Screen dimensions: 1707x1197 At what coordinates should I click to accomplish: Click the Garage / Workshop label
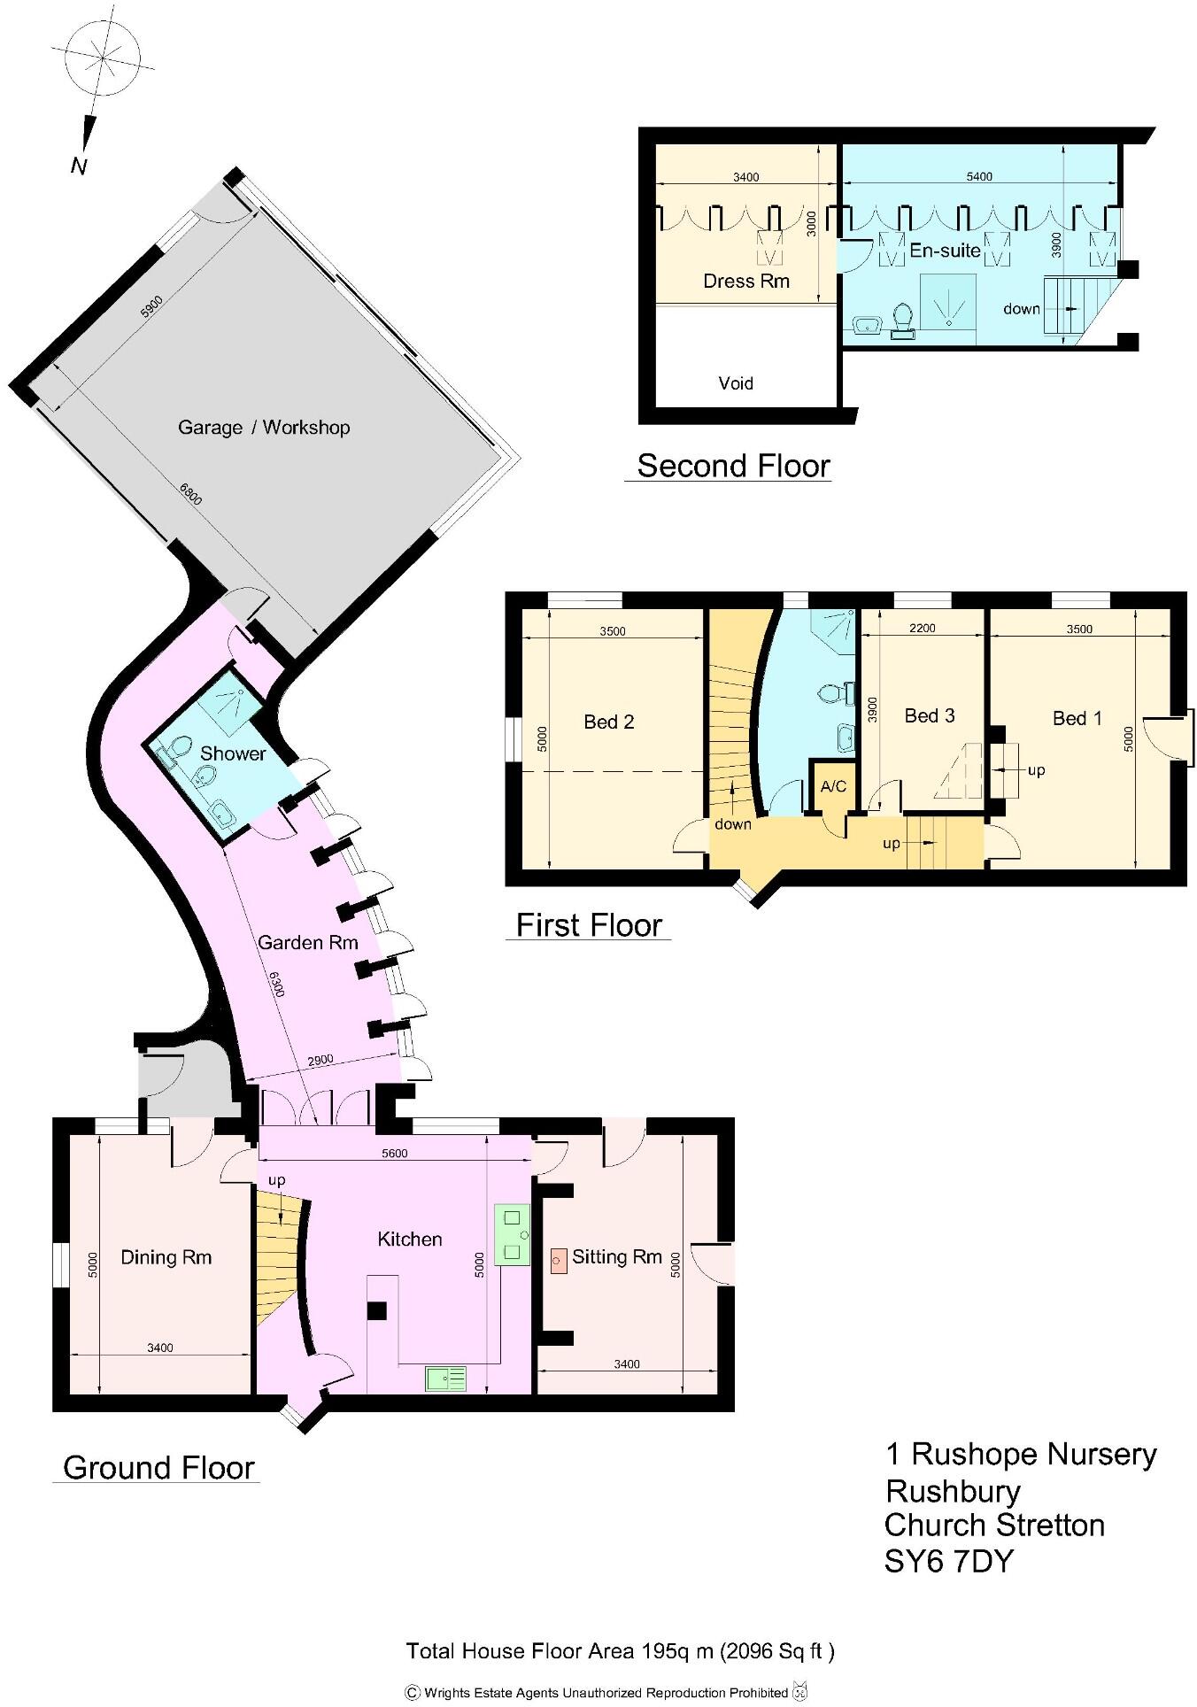click(264, 428)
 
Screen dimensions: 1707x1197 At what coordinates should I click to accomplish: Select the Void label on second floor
click(736, 383)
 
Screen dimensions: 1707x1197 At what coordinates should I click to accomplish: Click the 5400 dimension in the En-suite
click(978, 176)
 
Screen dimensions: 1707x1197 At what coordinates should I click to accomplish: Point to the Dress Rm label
click(745, 282)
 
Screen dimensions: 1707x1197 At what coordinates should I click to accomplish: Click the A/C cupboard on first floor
click(833, 786)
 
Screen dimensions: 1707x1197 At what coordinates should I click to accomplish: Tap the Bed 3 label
click(930, 715)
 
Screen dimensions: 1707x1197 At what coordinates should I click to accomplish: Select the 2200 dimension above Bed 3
click(922, 629)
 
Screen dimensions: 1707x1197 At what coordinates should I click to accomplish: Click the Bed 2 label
click(608, 722)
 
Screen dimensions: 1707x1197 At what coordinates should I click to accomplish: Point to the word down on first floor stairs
click(733, 824)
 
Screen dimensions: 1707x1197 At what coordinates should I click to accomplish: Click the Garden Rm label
click(307, 942)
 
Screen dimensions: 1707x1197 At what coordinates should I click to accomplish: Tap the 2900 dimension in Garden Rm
click(320, 1060)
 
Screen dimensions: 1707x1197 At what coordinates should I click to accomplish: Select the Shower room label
click(233, 753)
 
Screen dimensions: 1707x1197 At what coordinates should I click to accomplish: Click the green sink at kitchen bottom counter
click(445, 1379)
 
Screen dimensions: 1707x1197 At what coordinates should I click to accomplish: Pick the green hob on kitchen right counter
click(512, 1234)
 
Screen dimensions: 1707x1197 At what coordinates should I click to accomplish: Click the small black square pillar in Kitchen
click(377, 1311)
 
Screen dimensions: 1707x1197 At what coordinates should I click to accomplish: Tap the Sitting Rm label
click(617, 1256)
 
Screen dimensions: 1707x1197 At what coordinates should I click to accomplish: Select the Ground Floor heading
click(158, 1467)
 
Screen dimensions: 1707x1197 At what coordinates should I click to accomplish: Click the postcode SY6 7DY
click(948, 1561)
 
